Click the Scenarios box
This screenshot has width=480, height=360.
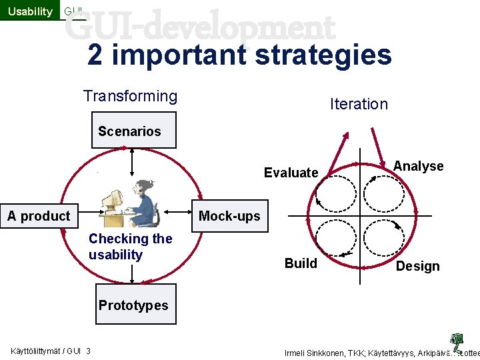129,131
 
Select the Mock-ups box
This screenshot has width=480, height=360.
229,216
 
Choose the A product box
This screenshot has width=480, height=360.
39,216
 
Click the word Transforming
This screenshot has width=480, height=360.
130,96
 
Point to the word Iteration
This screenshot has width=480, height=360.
359,104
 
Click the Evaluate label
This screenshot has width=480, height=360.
291,173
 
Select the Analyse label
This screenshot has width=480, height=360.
418,166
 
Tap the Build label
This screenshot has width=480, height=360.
301,263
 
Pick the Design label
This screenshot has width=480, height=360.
417,266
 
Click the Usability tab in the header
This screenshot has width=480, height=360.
30,11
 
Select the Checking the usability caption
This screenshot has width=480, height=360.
130,247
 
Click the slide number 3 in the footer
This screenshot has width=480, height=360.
89,352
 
